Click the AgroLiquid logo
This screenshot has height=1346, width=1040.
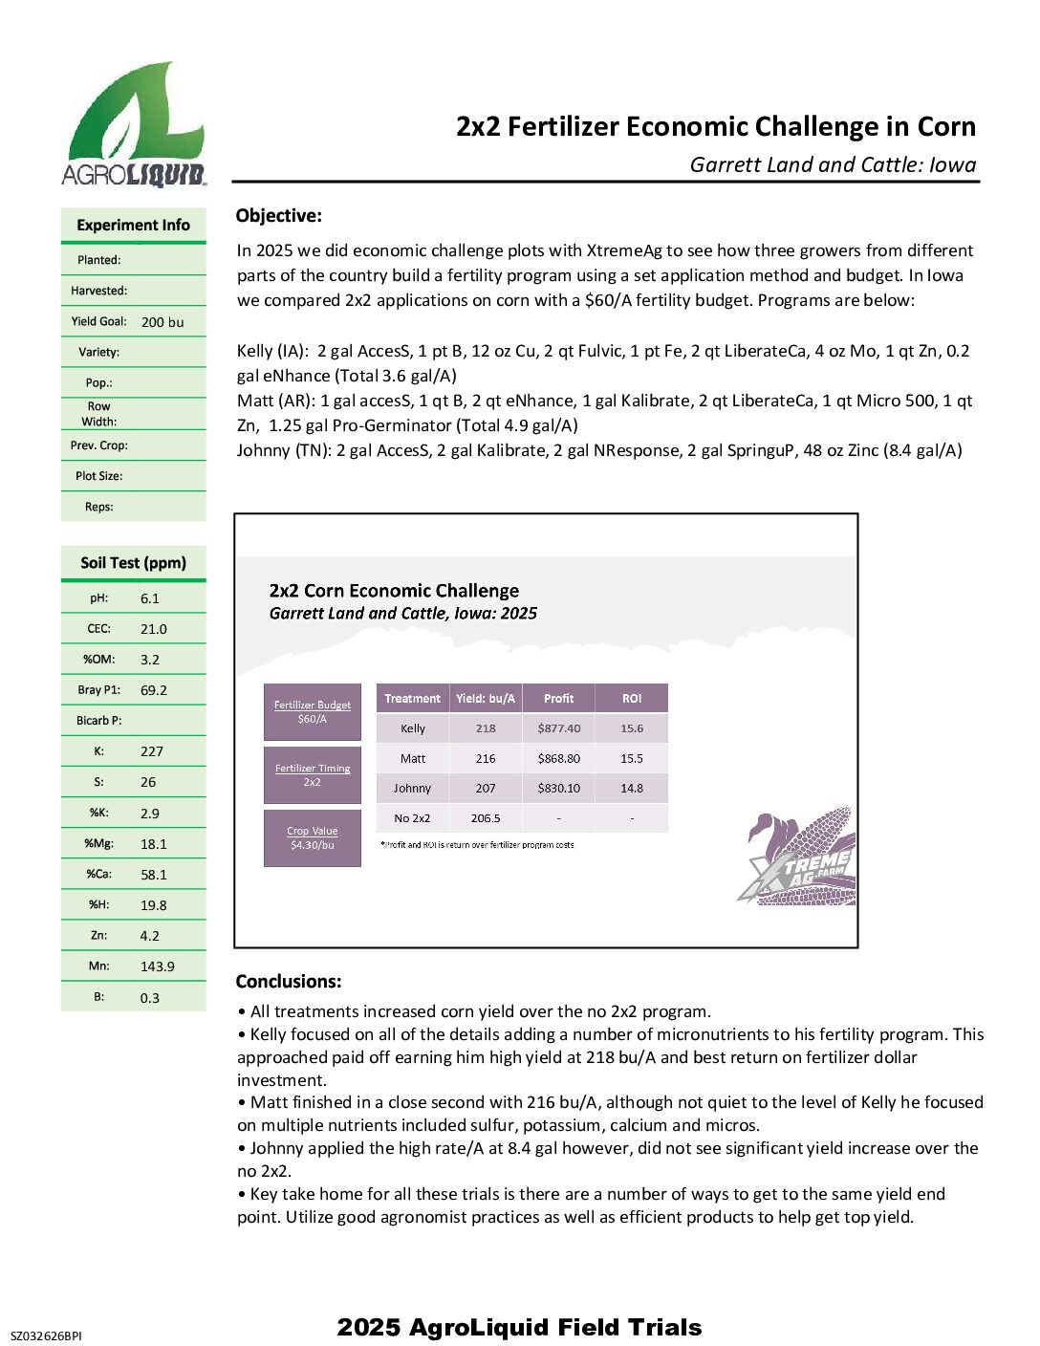[x=134, y=124]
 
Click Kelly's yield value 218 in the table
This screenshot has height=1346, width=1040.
[x=486, y=728]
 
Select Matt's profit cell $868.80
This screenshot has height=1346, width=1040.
[x=558, y=758]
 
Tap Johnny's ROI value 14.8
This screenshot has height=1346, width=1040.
[x=631, y=789]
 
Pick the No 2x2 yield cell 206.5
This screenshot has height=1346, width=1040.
[x=486, y=818]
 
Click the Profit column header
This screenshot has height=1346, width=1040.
[x=558, y=699]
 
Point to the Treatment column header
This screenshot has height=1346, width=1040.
[x=412, y=699]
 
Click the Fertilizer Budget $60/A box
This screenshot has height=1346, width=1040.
[x=313, y=712]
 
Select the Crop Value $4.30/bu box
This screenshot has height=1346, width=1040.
[x=313, y=838]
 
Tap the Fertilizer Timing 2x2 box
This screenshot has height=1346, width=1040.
[x=313, y=775]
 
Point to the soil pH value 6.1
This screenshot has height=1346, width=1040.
[x=150, y=598]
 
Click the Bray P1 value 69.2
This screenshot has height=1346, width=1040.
[x=154, y=690]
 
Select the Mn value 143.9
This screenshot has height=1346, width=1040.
[x=158, y=966]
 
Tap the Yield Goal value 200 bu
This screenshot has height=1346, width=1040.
[x=162, y=322]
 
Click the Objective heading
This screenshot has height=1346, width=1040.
[x=279, y=216]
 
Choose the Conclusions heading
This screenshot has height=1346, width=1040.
[x=289, y=982]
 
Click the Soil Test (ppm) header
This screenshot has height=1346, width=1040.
[x=134, y=563]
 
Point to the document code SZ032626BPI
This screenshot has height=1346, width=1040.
[x=46, y=1335]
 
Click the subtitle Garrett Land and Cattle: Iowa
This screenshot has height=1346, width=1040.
[x=833, y=164]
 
